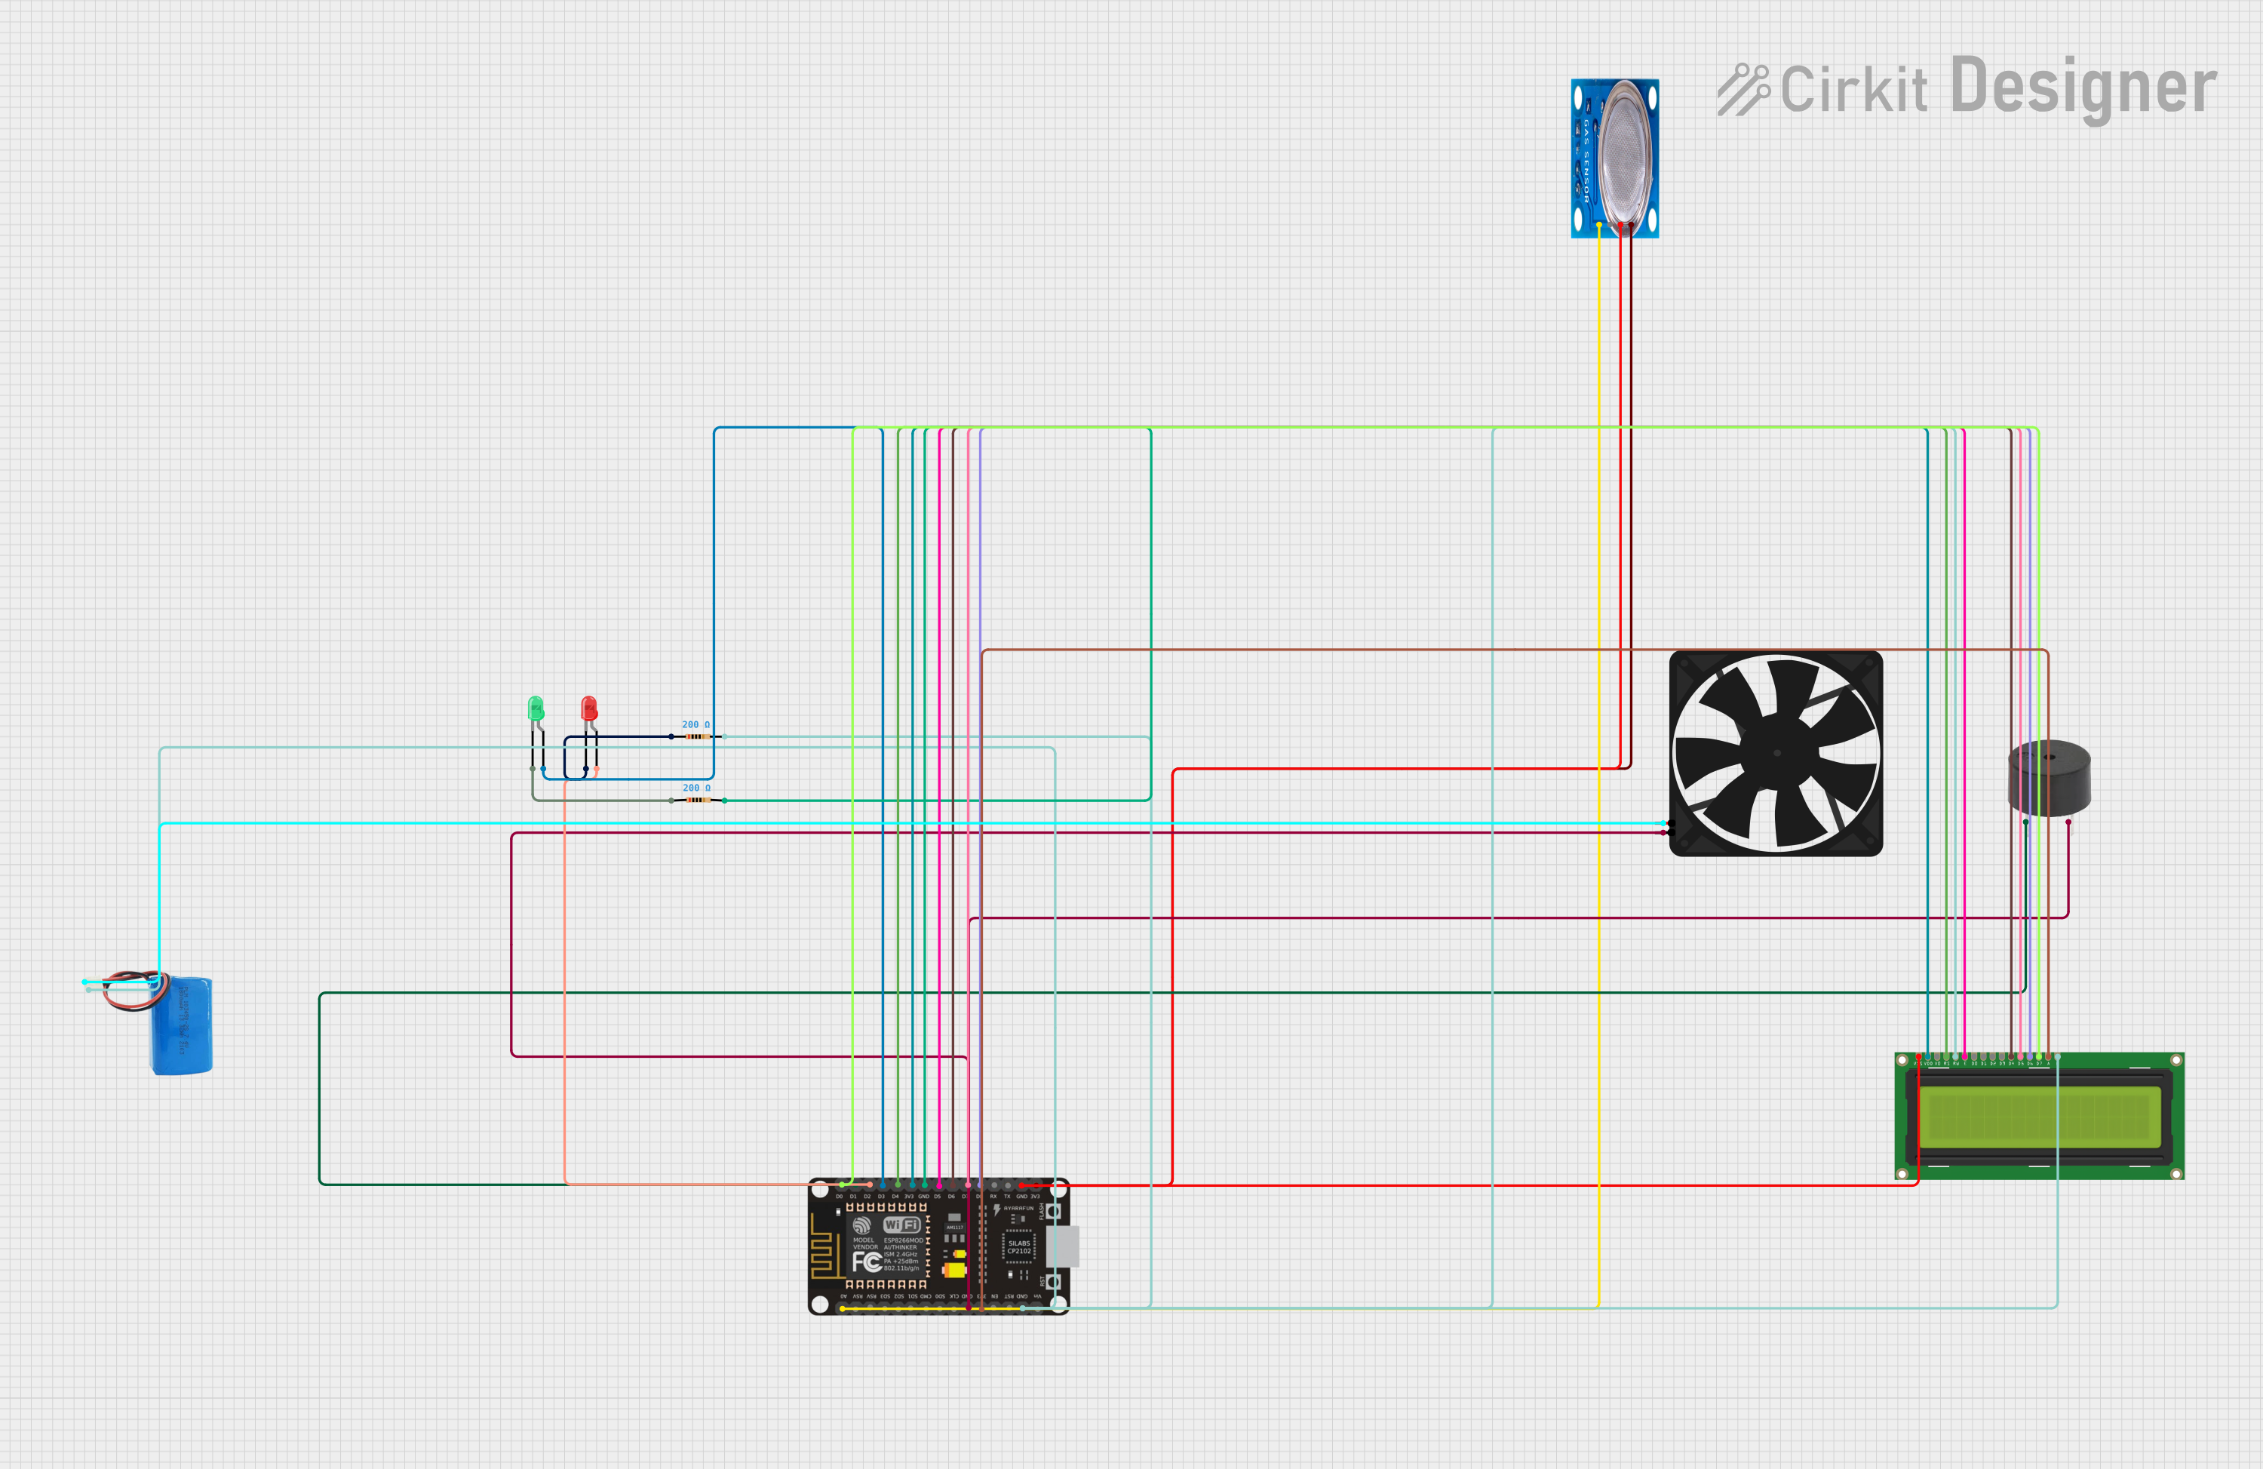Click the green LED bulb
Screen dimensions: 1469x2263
point(536,708)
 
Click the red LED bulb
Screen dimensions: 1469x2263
point(588,708)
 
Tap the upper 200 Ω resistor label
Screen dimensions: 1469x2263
point(695,724)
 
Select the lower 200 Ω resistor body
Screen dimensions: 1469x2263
point(698,801)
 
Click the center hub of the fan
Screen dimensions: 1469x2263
point(1776,753)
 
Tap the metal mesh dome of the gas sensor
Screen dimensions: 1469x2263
point(1629,157)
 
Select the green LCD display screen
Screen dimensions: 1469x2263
point(2039,1116)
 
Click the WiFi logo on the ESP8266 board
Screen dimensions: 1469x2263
point(901,1225)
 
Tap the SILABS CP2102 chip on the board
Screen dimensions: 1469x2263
point(1018,1246)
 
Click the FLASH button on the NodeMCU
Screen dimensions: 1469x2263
point(1054,1211)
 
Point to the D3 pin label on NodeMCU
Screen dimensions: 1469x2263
point(881,1196)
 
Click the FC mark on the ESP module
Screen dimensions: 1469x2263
point(866,1262)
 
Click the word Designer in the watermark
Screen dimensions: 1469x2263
point(2083,88)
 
